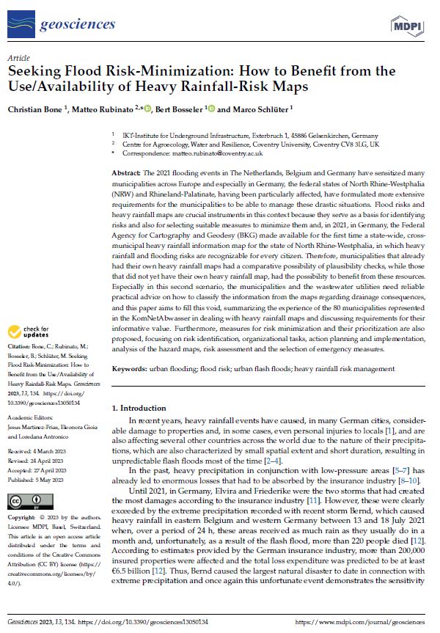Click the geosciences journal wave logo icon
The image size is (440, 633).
click(x=21, y=26)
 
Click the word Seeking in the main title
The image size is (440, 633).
click(x=35, y=72)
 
